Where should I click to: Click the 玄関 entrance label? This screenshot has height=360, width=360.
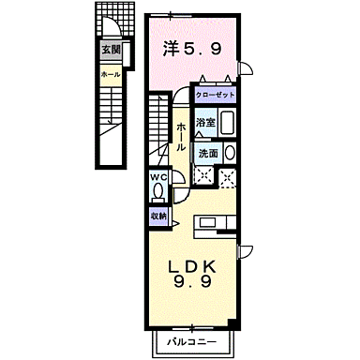pyautogui.click(x=109, y=52)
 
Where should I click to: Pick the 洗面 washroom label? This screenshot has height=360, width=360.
pyautogui.click(x=207, y=153)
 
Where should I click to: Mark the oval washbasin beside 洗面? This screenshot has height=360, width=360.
pyautogui.click(x=230, y=153)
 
